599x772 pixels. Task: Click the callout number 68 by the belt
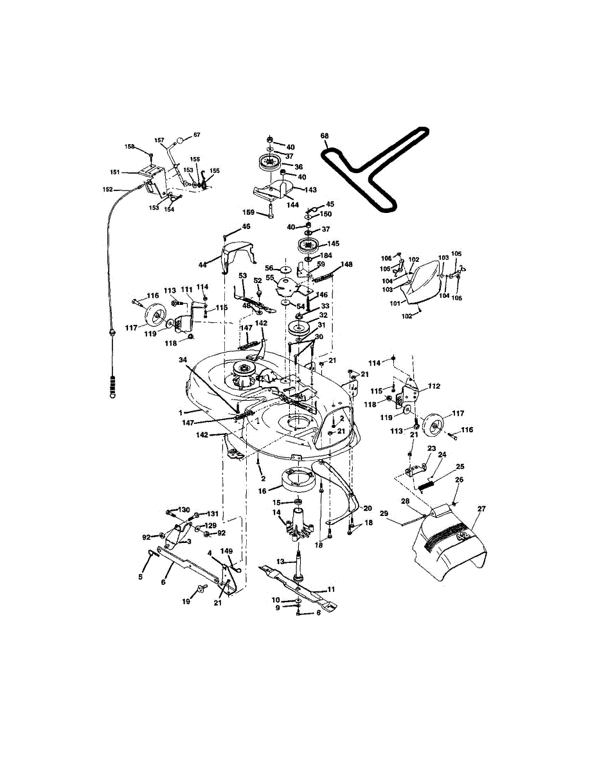pyautogui.click(x=325, y=136)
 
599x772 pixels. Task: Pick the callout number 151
pyautogui.click(x=114, y=172)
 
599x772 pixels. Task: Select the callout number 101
pyautogui.click(x=395, y=302)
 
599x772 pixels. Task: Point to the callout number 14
pyautogui.click(x=277, y=512)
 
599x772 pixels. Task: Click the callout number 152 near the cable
pyautogui.click(x=107, y=189)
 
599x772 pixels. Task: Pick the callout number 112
pyautogui.click(x=434, y=387)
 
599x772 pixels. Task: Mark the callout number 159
pyautogui.click(x=249, y=213)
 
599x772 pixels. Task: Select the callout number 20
pyautogui.click(x=368, y=508)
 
